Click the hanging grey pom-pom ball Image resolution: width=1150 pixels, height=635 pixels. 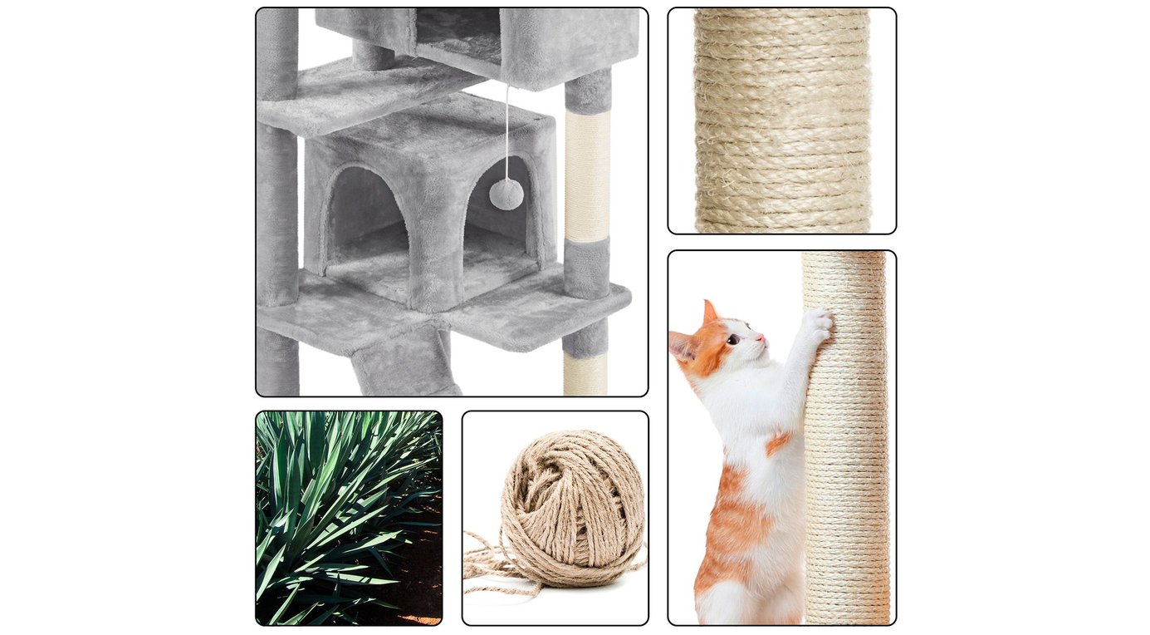tap(506, 194)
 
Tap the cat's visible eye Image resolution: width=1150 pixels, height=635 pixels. tap(735, 339)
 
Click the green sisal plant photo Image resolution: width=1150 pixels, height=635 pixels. tap(349, 517)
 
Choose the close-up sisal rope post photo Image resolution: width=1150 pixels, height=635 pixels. tap(781, 121)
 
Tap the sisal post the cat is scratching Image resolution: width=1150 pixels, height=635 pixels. tap(846, 465)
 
